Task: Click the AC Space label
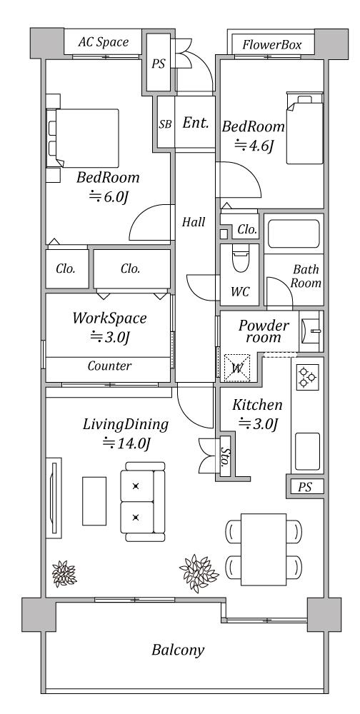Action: [104, 42]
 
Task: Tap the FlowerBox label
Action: [272, 44]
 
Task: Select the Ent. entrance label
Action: [196, 123]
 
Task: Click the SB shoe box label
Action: [166, 124]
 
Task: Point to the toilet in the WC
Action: [240, 258]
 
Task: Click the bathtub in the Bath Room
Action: [294, 234]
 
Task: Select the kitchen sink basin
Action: [308, 452]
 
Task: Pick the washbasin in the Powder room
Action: [311, 331]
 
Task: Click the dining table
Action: [264, 549]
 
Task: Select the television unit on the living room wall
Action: [54, 498]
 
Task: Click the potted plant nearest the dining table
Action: [199, 573]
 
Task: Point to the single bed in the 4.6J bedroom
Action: [304, 128]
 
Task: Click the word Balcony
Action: [178, 650]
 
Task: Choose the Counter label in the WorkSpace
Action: [109, 366]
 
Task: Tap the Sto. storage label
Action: [225, 456]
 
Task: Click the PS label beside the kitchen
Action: [305, 487]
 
